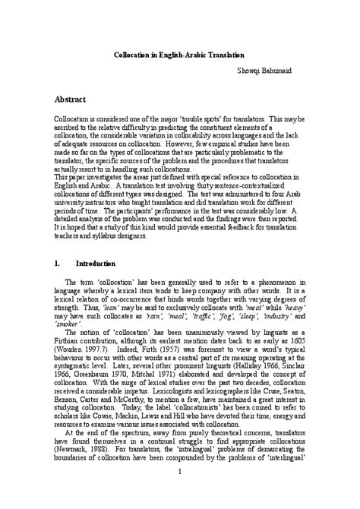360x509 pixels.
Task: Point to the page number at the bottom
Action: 180,495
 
